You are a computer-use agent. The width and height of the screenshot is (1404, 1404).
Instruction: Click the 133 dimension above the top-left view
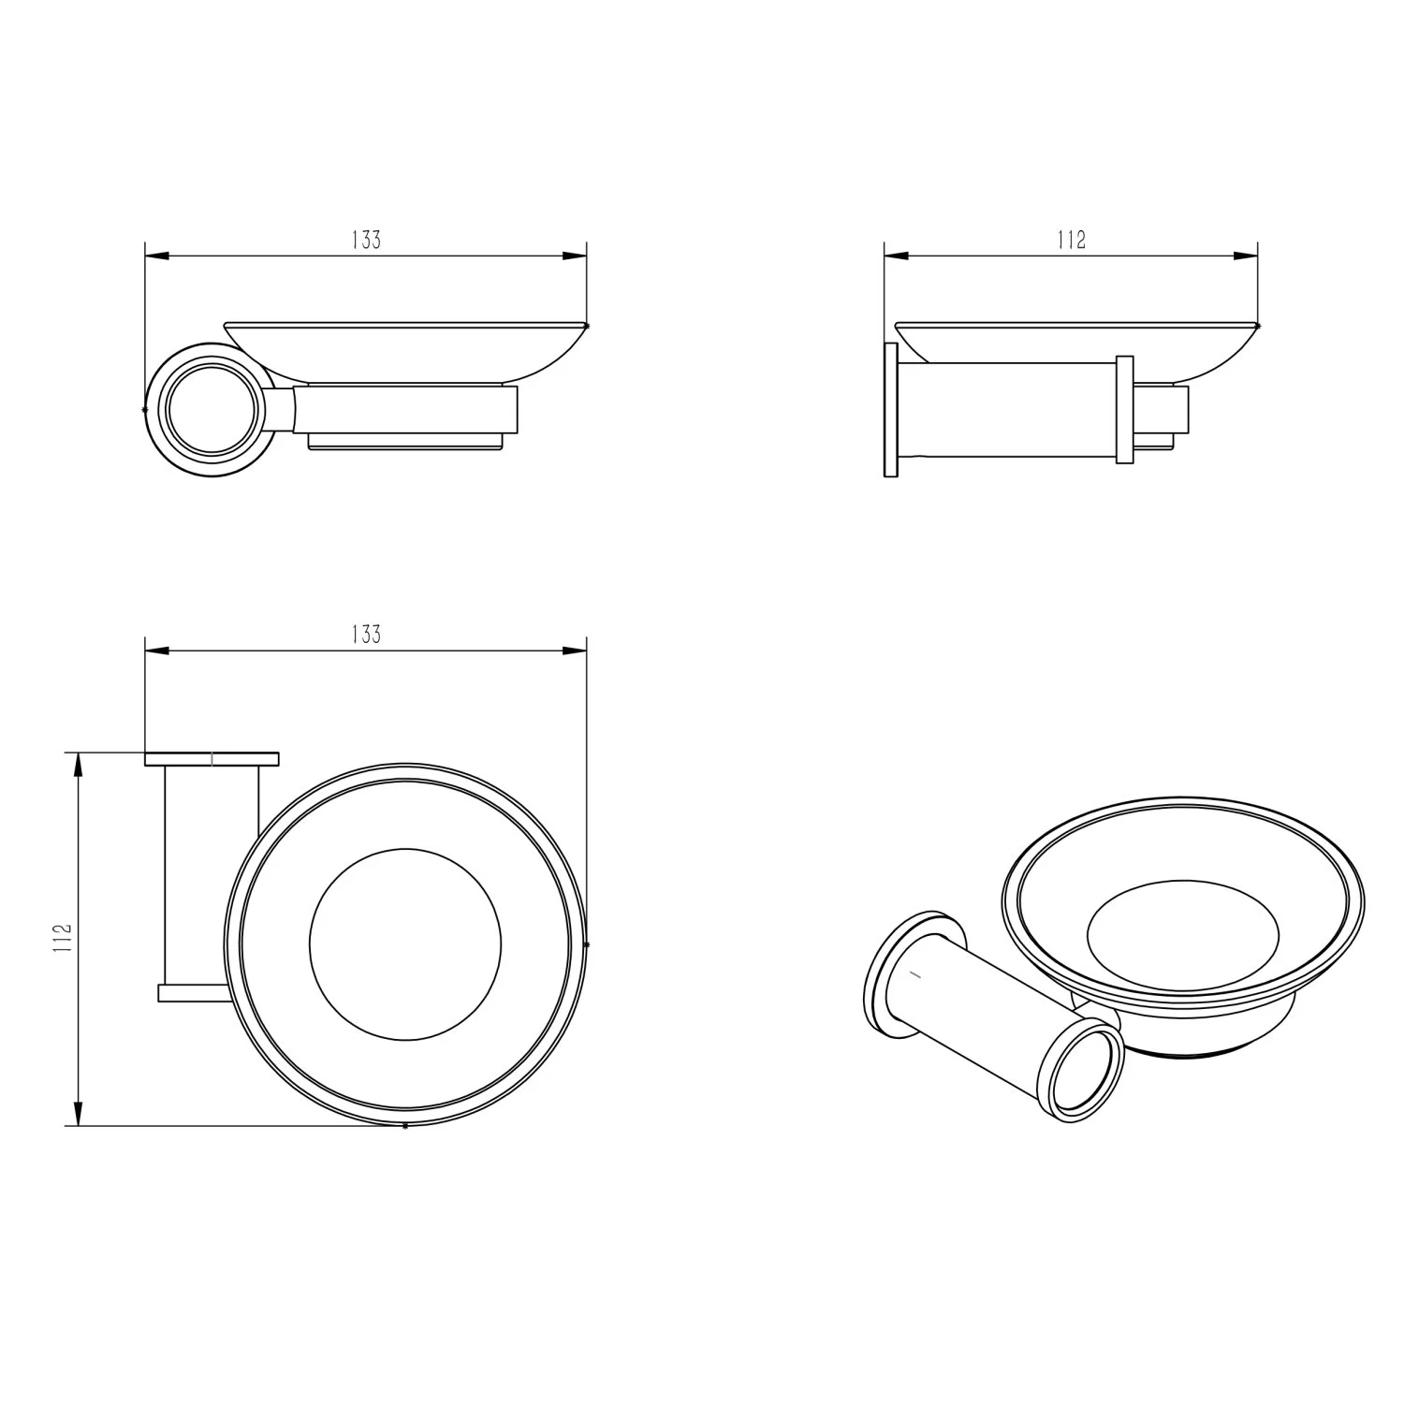tap(367, 240)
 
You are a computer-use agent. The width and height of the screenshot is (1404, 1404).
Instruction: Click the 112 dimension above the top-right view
tap(1071, 240)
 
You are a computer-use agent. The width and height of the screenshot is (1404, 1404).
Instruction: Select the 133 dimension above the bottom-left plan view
tap(367, 634)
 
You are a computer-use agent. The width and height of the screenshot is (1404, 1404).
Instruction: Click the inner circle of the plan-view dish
tap(404, 944)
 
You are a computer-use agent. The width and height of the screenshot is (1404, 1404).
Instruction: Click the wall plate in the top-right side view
tap(890, 410)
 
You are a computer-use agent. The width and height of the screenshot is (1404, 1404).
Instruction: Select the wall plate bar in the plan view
tap(212, 759)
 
